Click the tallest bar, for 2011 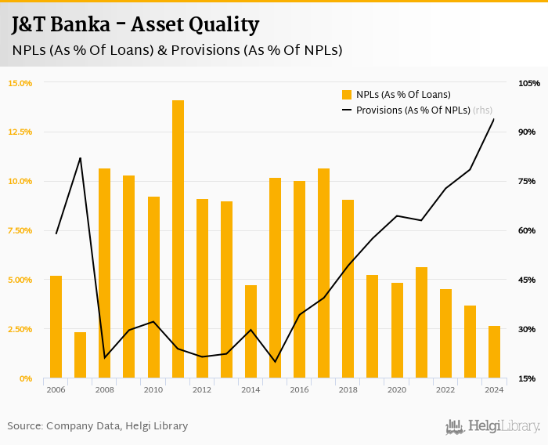[x=178, y=239]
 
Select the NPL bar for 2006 [x=56, y=327]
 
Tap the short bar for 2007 [x=80, y=355]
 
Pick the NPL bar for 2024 [x=494, y=352]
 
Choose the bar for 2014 [x=251, y=331]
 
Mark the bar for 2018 [x=348, y=289]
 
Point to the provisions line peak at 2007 [x=80, y=158]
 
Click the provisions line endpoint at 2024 [x=494, y=119]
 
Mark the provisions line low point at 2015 [x=275, y=362]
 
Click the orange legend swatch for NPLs [x=347, y=95]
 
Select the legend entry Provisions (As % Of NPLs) [x=413, y=110]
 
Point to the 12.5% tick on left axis [x=20, y=132]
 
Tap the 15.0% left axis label [x=20, y=83]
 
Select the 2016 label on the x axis [x=299, y=389]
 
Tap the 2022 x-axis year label [x=445, y=389]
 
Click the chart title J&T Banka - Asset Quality [x=135, y=24]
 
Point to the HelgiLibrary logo [x=493, y=426]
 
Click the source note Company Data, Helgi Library [x=98, y=426]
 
